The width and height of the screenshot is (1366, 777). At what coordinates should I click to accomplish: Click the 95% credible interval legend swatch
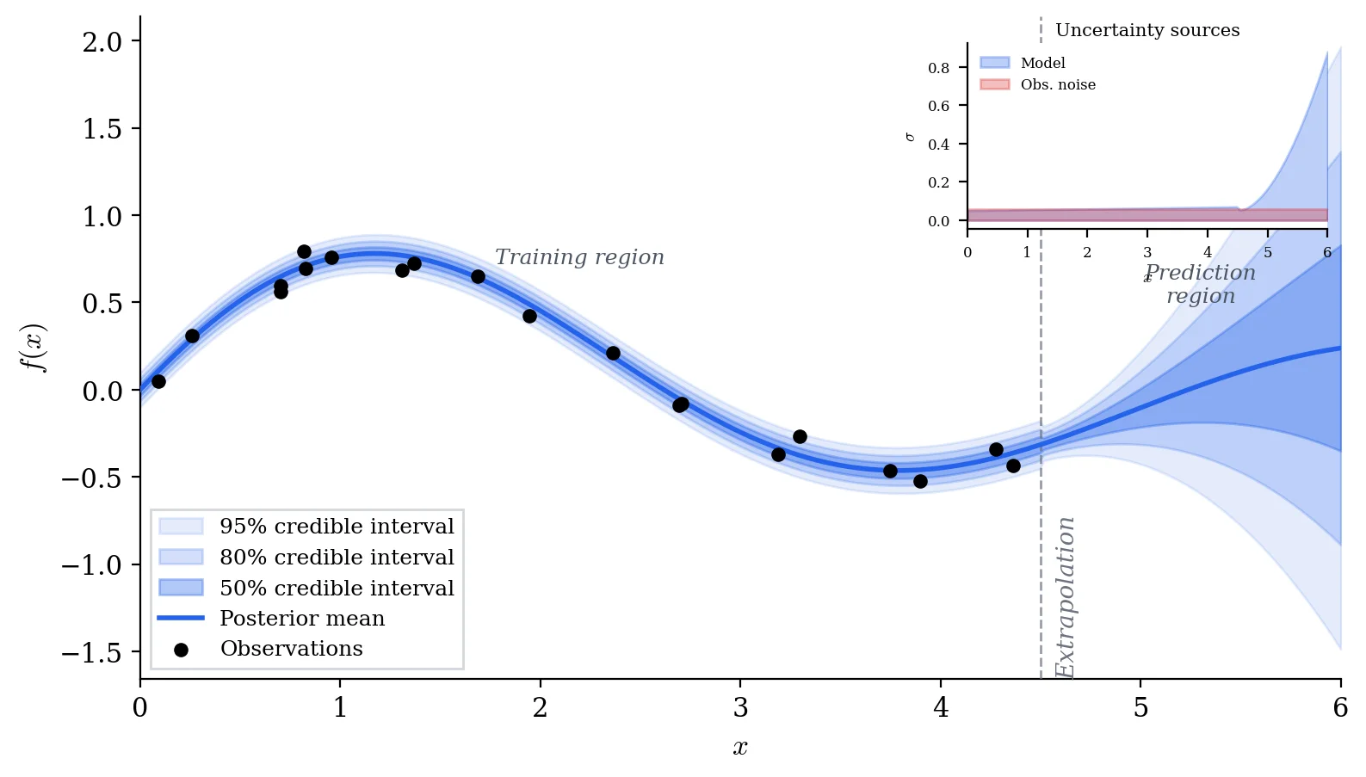click(181, 527)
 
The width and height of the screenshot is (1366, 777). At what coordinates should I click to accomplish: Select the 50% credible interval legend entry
click(337, 589)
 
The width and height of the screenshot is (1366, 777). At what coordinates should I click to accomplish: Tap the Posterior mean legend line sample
click(181, 619)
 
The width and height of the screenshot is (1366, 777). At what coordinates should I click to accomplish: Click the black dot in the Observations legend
click(181, 650)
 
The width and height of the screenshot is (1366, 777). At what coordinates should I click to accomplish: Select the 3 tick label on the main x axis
click(740, 708)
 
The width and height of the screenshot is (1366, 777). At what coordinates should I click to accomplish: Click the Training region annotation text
click(579, 257)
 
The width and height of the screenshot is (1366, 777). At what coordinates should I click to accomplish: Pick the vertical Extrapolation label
click(1066, 597)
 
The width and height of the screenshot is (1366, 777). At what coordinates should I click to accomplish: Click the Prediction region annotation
click(1201, 284)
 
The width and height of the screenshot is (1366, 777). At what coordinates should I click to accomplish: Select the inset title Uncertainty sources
click(1147, 30)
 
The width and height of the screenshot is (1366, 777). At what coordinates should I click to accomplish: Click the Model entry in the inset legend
click(1042, 63)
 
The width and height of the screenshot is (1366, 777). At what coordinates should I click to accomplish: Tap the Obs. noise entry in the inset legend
click(1058, 84)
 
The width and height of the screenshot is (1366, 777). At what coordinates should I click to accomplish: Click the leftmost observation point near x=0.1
click(158, 381)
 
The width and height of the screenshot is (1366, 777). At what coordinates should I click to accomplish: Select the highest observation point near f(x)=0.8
click(304, 252)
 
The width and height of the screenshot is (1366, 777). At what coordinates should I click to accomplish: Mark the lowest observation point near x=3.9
click(920, 481)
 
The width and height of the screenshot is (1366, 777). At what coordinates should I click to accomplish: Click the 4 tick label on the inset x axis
click(1208, 252)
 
